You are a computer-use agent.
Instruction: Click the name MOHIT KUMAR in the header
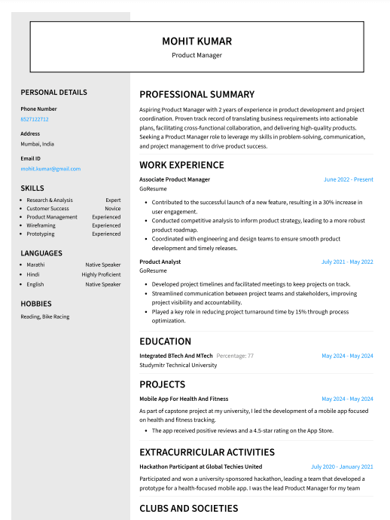tap(197, 41)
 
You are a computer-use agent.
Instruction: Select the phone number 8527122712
tap(35, 119)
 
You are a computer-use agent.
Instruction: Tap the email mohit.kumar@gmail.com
tap(50, 169)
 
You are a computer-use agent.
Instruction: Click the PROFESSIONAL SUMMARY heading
tap(197, 95)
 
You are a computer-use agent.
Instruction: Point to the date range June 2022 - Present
tap(348, 179)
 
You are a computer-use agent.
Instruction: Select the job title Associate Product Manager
tap(175, 179)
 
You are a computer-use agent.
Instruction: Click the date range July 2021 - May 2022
tap(347, 262)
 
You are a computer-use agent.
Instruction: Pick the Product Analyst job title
tap(160, 262)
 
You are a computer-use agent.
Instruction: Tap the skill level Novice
tap(112, 209)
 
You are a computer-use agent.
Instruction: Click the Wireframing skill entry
tap(41, 225)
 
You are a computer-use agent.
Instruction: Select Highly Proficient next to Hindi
tap(101, 275)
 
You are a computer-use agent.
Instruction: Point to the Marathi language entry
tap(35, 265)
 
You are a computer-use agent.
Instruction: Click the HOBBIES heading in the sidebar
tap(36, 304)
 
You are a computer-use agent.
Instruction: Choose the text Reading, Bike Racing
tap(45, 317)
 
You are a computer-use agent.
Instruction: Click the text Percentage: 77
tap(235, 356)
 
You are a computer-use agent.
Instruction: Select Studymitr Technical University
tap(178, 365)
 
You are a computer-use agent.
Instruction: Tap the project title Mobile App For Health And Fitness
tap(184, 399)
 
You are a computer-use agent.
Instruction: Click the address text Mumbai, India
tap(37, 144)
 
